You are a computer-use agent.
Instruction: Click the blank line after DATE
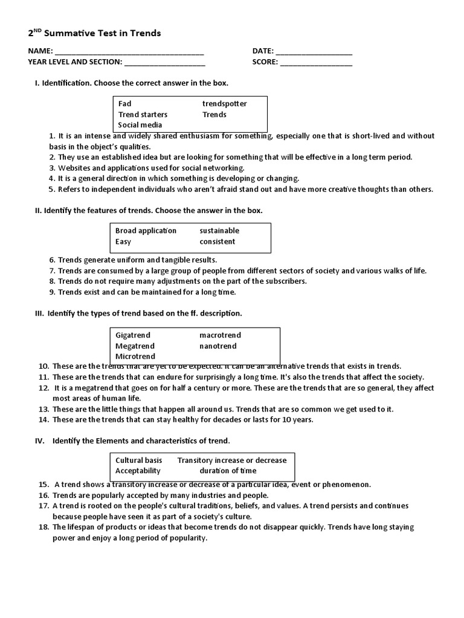314,52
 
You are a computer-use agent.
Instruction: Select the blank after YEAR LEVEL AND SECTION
164,62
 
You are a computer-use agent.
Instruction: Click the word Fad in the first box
124,104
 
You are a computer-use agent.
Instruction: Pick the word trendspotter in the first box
224,104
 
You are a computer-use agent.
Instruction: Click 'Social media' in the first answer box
140,125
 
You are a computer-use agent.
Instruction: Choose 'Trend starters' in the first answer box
143,114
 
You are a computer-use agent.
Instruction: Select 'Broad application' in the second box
146,231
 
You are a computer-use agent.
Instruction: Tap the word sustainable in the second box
219,231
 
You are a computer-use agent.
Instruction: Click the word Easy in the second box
123,241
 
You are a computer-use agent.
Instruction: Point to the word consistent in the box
217,241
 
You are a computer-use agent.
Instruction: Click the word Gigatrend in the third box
133,335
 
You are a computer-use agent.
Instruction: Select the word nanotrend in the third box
218,346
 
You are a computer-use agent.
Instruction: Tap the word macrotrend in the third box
220,335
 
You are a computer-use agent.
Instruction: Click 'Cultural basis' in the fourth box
139,460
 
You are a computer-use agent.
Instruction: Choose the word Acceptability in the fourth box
138,471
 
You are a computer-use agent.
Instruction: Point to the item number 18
43,527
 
